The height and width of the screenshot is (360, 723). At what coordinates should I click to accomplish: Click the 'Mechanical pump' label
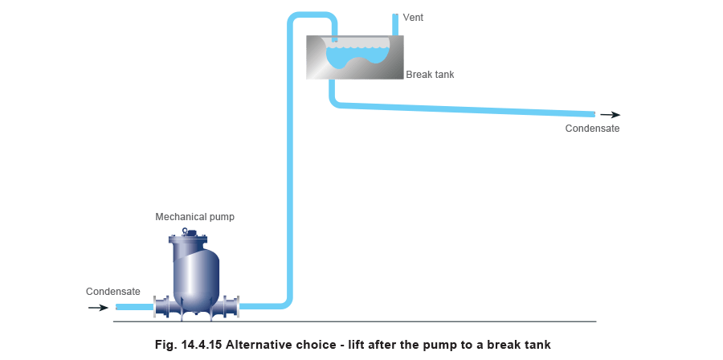[x=195, y=217]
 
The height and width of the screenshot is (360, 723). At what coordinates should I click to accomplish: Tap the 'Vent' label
[x=412, y=17]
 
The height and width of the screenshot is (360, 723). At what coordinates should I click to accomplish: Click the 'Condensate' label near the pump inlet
[x=113, y=291]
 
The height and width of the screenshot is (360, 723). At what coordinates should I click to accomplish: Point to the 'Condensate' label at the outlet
[x=593, y=128]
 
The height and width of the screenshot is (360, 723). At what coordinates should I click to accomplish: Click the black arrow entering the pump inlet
[x=98, y=307]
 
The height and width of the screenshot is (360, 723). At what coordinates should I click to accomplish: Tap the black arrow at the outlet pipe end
[x=610, y=115]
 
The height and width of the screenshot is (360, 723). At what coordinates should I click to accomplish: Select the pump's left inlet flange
[x=161, y=306]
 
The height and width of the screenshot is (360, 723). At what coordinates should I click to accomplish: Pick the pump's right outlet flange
[x=232, y=306]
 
